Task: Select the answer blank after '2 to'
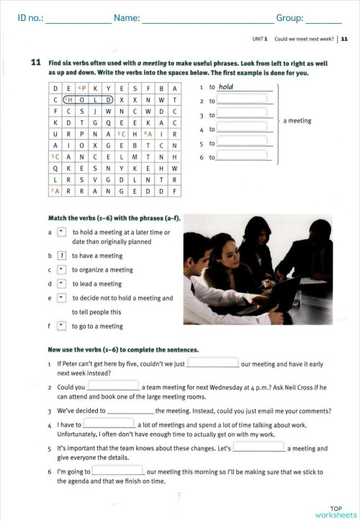tap(245, 101)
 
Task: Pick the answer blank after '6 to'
tap(245, 156)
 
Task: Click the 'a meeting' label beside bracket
tap(297, 121)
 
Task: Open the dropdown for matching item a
tap(61, 232)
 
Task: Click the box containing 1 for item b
tap(62, 256)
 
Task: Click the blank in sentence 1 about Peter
tap(212, 363)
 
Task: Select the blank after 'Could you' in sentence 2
tap(112, 386)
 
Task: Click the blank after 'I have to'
tap(108, 424)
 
